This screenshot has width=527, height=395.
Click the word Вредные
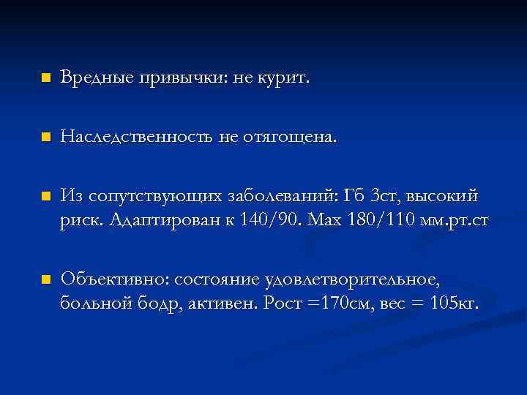coord(91,78)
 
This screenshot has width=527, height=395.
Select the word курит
coord(285,78)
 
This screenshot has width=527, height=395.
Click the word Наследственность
coord(137,137)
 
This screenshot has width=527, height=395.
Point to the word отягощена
coord(293,137)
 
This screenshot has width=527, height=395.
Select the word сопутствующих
coord(146,196)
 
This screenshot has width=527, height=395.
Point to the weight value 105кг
coord(453,304)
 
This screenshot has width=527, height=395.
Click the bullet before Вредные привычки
coord(45,78)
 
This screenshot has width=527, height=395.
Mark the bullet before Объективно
coord(45,279)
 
